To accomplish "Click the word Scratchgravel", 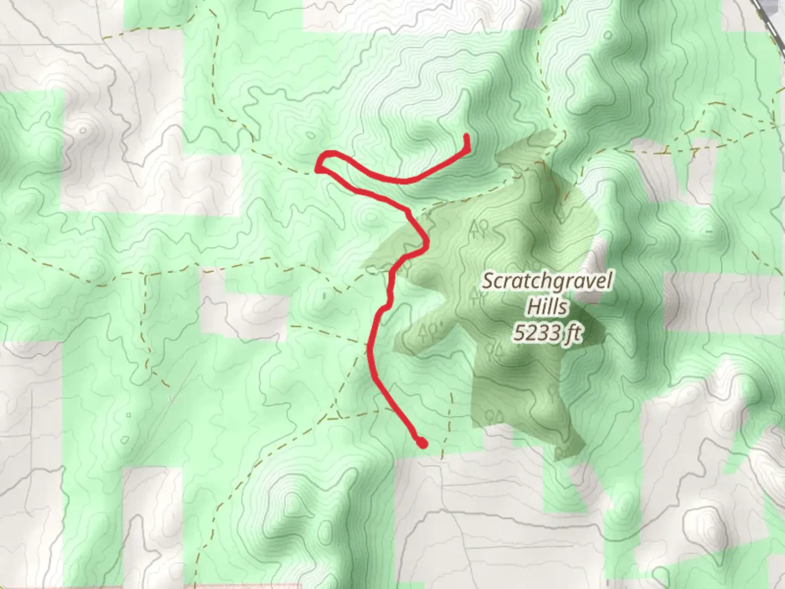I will click(x=547, y=283).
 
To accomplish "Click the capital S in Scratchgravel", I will click(x=487, y=283).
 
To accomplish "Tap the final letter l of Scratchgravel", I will click(x=609, y=282).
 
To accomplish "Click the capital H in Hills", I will click(x=532, y=307).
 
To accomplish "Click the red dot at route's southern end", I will click(x=421, y=444).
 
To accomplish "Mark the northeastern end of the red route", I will click(x=467, y=136).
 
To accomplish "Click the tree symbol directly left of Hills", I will click(x=477, y=297).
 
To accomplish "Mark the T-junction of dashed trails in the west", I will click(x=146, y=273).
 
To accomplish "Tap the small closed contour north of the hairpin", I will click(x=311, y=135).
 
